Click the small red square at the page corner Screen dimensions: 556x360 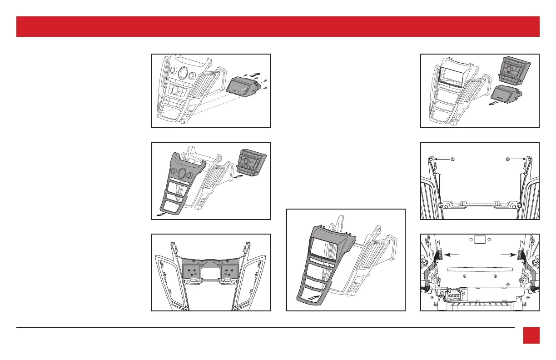531,335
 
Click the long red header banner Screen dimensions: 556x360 278,26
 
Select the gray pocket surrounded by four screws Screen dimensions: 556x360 243,85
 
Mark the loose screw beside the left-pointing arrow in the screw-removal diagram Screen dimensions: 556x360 452,160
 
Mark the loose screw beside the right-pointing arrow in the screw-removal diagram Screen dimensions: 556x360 508,160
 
